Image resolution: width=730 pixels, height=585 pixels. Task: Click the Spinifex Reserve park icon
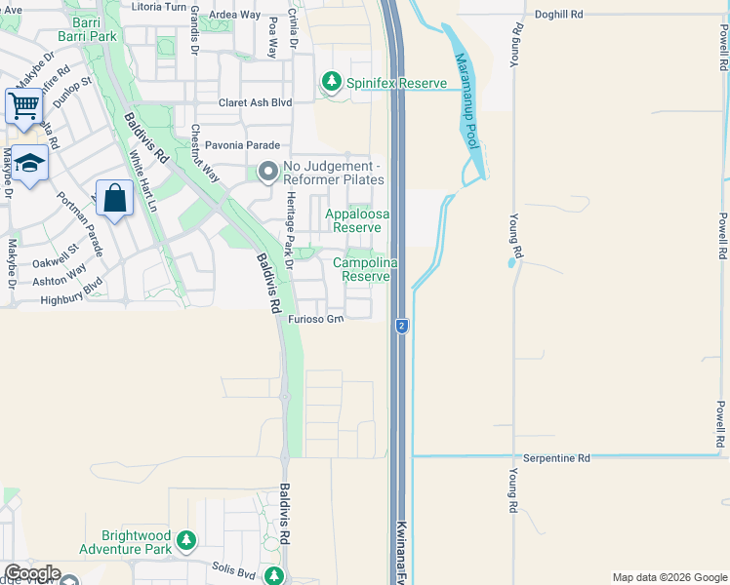point(333,82)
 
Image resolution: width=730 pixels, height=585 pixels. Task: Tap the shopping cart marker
point(23,103)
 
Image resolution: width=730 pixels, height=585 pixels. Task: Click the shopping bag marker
point(115,198)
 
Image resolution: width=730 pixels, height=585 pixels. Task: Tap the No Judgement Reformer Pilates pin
point(267,173)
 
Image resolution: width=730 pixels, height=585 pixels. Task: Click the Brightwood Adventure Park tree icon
point(186,539)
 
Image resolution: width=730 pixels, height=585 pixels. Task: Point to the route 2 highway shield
point(401,326)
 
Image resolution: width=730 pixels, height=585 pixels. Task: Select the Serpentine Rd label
point(556,457)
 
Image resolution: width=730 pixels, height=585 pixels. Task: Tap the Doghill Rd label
point(558,15)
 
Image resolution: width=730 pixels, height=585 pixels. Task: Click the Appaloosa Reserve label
point(356,218)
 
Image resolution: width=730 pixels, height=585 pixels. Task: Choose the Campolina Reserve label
point(366,269)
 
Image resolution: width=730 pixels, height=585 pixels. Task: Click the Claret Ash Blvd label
point(255,101)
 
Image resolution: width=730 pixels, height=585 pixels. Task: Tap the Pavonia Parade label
point(235,146)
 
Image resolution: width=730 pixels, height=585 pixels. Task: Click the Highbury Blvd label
point(71,300)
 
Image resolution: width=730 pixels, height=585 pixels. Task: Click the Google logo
point(31,573)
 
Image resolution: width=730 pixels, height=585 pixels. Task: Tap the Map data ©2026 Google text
point(669,577)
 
